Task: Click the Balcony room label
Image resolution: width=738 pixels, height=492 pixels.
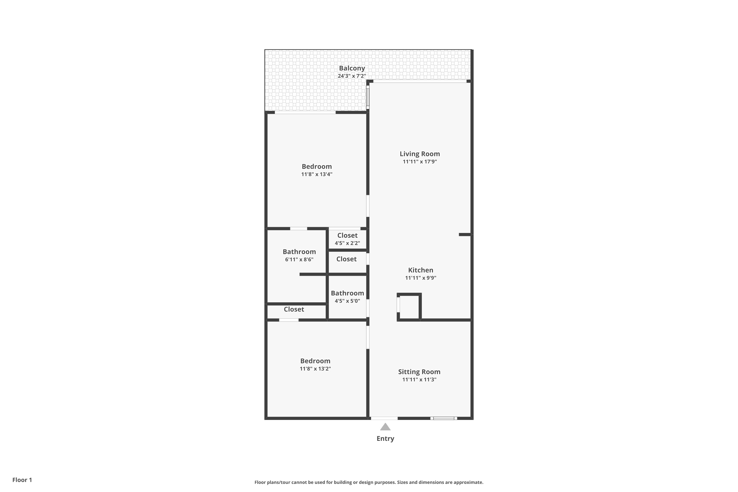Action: tap(352, 68)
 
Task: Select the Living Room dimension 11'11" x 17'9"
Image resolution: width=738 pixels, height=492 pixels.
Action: tap(419, 162)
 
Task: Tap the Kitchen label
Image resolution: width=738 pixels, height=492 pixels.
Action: tap(420, 270)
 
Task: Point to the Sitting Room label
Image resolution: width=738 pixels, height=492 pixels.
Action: tap(419, 371)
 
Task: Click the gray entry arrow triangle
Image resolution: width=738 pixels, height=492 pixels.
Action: tap(385, 427)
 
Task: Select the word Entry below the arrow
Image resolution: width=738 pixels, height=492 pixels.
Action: tap(385, 438)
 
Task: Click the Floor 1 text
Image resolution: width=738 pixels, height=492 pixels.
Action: tap(22, 480)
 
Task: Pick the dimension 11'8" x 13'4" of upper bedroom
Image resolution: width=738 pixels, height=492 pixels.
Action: tap(317, 174)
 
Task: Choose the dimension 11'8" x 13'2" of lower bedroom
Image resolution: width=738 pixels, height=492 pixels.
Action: tap(315, 369)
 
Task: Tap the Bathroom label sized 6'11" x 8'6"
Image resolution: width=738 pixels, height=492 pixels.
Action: tap(299, 252)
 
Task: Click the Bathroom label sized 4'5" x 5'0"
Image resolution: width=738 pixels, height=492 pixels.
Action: tap(347, 293)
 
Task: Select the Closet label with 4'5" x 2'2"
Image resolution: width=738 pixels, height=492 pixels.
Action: tap(347, 235)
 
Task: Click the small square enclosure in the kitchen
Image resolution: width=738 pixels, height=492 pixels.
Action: tap(409, 307)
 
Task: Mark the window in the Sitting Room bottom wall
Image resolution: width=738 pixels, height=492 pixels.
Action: tap(444, 418)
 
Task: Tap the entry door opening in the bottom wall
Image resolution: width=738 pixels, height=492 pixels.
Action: tap(384, 418)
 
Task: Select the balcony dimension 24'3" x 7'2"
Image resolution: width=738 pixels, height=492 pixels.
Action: tap(352, 76)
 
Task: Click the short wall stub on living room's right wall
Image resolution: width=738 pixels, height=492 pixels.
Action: tap(465, 234)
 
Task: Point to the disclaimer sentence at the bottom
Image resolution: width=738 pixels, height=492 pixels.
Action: tap(369, 482)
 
